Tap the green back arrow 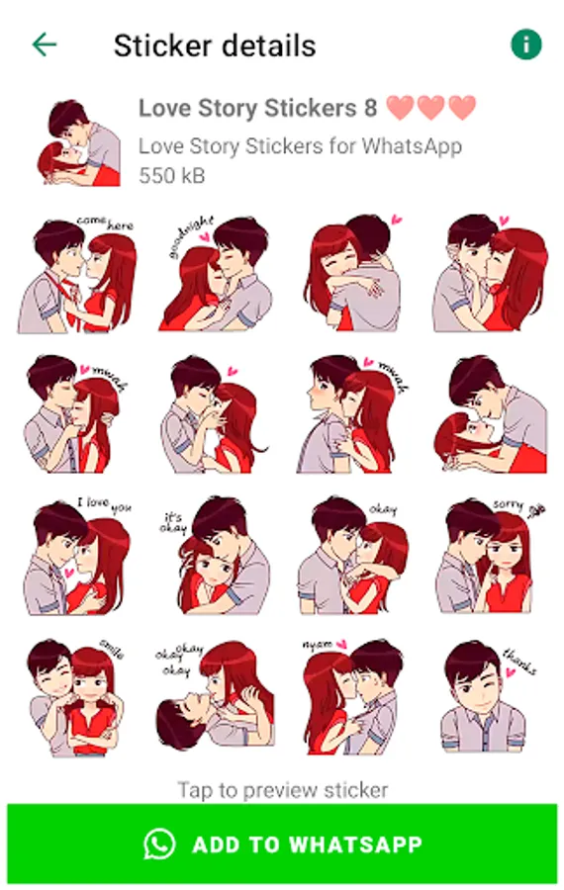(45, 44)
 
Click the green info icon (526, 44)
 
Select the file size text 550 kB (171, 175)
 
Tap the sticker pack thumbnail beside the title (79, 142)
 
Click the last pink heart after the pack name (462, 107)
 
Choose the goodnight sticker (216, 273)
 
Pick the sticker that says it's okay (216, 556)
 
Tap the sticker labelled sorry (489, 556)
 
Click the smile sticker (75, 697)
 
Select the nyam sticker (351, 697)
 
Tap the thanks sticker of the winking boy (488, 697)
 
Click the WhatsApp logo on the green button (159, 845)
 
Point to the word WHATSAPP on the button (355, 845)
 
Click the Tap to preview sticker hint (283, 790)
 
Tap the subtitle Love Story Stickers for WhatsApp (300, 146)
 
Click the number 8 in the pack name (370, 108)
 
